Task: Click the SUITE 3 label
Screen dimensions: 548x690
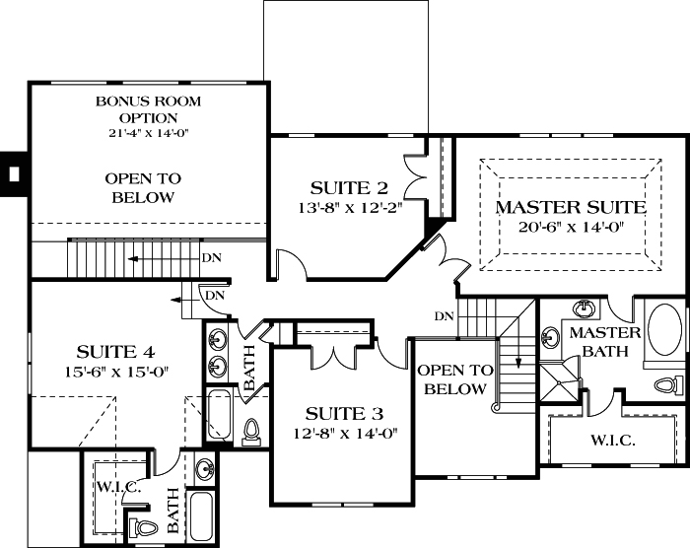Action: tap(343, 413)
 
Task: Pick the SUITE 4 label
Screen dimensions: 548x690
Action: tap(116, 352)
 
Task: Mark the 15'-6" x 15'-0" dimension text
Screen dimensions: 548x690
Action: tap(116, 371)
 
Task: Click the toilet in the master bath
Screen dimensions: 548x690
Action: tap(666, 384)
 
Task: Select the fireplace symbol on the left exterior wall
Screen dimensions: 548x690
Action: tap(13, 174)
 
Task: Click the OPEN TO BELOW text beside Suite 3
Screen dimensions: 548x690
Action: tap(453, 379)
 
